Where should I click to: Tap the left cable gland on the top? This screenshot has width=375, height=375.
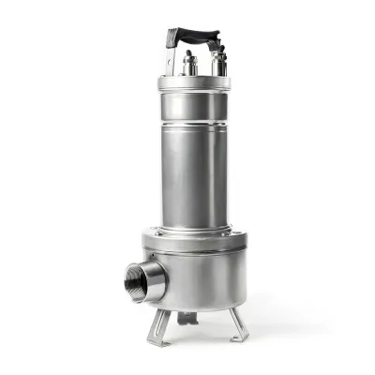pyautogui.click(x=190, y=64)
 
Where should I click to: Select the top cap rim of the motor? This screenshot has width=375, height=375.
pyautogui.click(x=194, y=83)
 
